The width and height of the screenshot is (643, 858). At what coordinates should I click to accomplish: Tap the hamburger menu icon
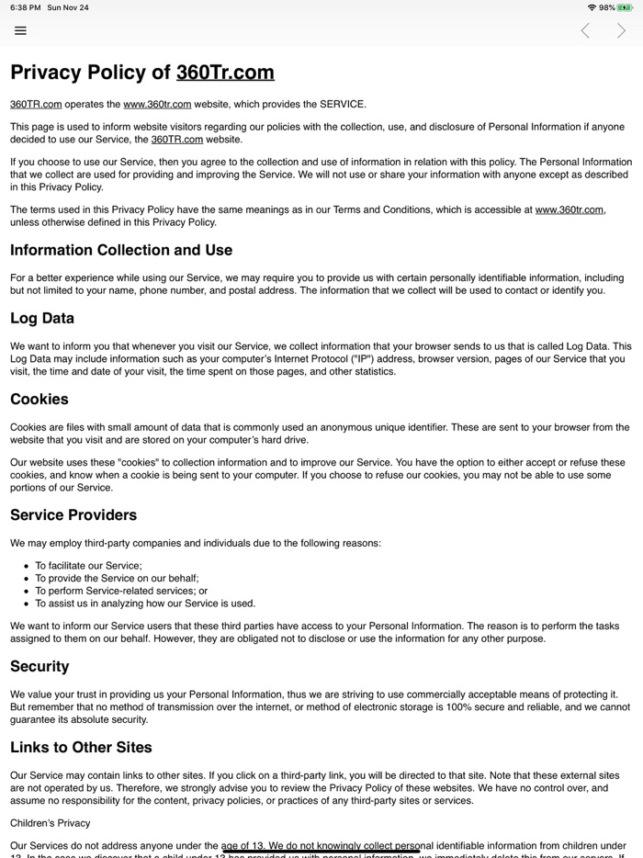(20, 30)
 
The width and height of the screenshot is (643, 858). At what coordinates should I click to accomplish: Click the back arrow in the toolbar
(585, 30)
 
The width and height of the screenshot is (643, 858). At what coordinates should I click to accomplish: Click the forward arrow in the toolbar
(622, 30)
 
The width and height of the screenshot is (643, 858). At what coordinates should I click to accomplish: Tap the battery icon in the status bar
(626, 7)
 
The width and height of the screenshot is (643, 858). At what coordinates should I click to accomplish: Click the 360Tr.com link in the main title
(225, 73)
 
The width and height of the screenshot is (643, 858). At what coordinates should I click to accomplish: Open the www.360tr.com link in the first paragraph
(157, 104)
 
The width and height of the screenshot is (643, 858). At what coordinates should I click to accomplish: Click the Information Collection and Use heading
(121, 250)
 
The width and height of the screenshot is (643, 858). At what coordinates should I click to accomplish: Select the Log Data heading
(42, 319)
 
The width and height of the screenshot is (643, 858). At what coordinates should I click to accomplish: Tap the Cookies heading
(39, 400)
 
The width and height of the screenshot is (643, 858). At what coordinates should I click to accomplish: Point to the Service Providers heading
(73, 515)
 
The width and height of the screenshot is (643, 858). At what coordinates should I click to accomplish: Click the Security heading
(39, 667)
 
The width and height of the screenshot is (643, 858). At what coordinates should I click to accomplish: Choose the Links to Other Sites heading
(81, 748)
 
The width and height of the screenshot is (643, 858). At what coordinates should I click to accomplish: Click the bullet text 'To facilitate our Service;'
(89, 566)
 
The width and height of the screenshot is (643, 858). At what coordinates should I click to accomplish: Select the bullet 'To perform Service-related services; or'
(121, 591)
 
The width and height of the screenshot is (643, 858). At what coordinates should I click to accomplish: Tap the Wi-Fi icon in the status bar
(592, 7)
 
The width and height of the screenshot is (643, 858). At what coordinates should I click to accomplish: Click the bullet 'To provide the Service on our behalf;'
(117, 578)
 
